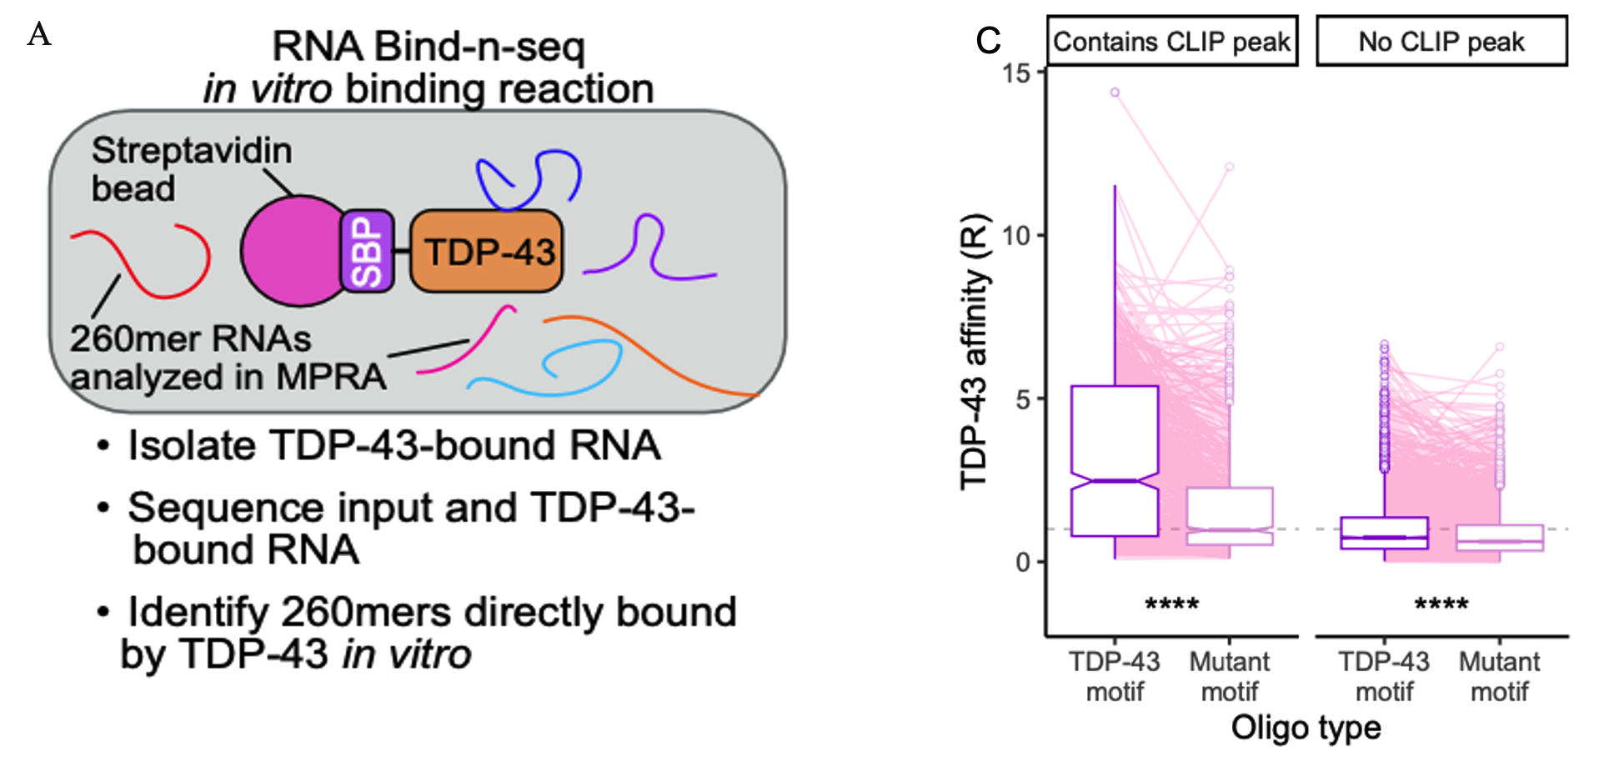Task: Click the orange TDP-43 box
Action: click(487, 251)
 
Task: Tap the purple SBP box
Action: click(367, 251)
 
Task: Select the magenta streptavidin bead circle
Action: click(292, 251)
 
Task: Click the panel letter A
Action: click(39, 35)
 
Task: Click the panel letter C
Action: click(988, 40)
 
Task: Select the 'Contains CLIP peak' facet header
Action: click(1171, 41)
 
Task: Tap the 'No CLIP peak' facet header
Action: click(1441, 41)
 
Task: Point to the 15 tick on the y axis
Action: click(1017, 73)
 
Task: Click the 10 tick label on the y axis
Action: click(1017, 236)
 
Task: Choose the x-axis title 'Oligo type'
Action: click(1306, 728)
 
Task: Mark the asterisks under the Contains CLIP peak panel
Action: click(1171, 604)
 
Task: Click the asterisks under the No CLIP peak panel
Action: click(1441, 604)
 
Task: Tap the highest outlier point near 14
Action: click(1115, 93)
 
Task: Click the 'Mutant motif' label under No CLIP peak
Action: click(1499, 676)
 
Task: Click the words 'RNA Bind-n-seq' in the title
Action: click(429, 47)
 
